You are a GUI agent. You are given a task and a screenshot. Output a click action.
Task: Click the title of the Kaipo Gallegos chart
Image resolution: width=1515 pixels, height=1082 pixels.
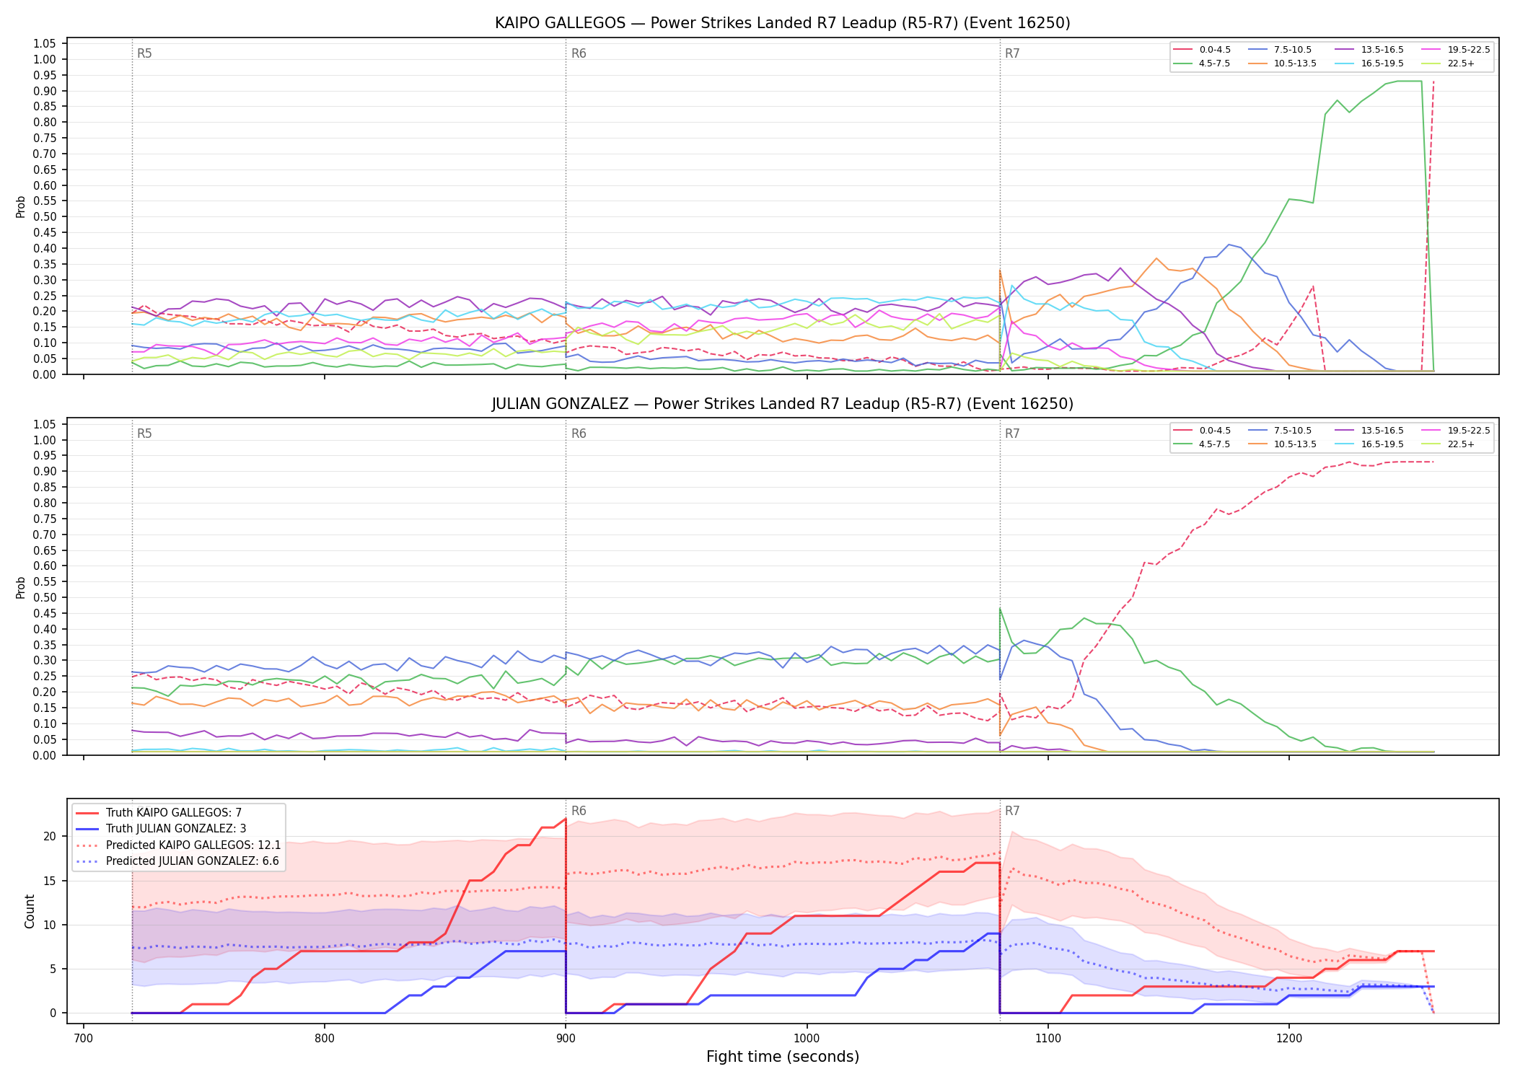tap(783, 23)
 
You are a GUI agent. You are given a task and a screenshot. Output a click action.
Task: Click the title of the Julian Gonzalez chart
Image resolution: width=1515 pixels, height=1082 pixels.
tap(783, 404)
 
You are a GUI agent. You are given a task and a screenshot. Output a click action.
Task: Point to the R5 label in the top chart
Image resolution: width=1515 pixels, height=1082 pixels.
tap(144, 53)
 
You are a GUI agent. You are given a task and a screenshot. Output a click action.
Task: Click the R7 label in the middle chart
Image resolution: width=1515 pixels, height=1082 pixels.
tap(1012, 434)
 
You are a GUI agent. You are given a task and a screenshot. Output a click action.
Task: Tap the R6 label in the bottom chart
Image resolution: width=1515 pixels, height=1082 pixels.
tap(579, 811)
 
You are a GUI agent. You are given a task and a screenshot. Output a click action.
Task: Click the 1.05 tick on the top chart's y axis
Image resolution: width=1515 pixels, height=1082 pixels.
tap(45, 44)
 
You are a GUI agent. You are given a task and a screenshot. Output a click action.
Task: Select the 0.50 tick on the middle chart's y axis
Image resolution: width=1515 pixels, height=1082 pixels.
tap(45, 597)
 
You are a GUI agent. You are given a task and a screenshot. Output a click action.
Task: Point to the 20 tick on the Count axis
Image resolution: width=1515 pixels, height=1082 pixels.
tap(50, 837)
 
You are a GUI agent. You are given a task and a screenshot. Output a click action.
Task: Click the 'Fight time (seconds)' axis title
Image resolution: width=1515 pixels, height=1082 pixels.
tap(783, 1057)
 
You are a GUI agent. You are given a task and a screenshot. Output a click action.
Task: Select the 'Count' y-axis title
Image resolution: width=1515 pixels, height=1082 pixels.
tap(30, 911)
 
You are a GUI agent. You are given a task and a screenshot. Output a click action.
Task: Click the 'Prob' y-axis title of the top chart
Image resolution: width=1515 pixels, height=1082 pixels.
tap(21, 206)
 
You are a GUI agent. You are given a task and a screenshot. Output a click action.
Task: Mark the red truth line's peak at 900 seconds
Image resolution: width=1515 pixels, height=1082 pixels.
tap(566, 819)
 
